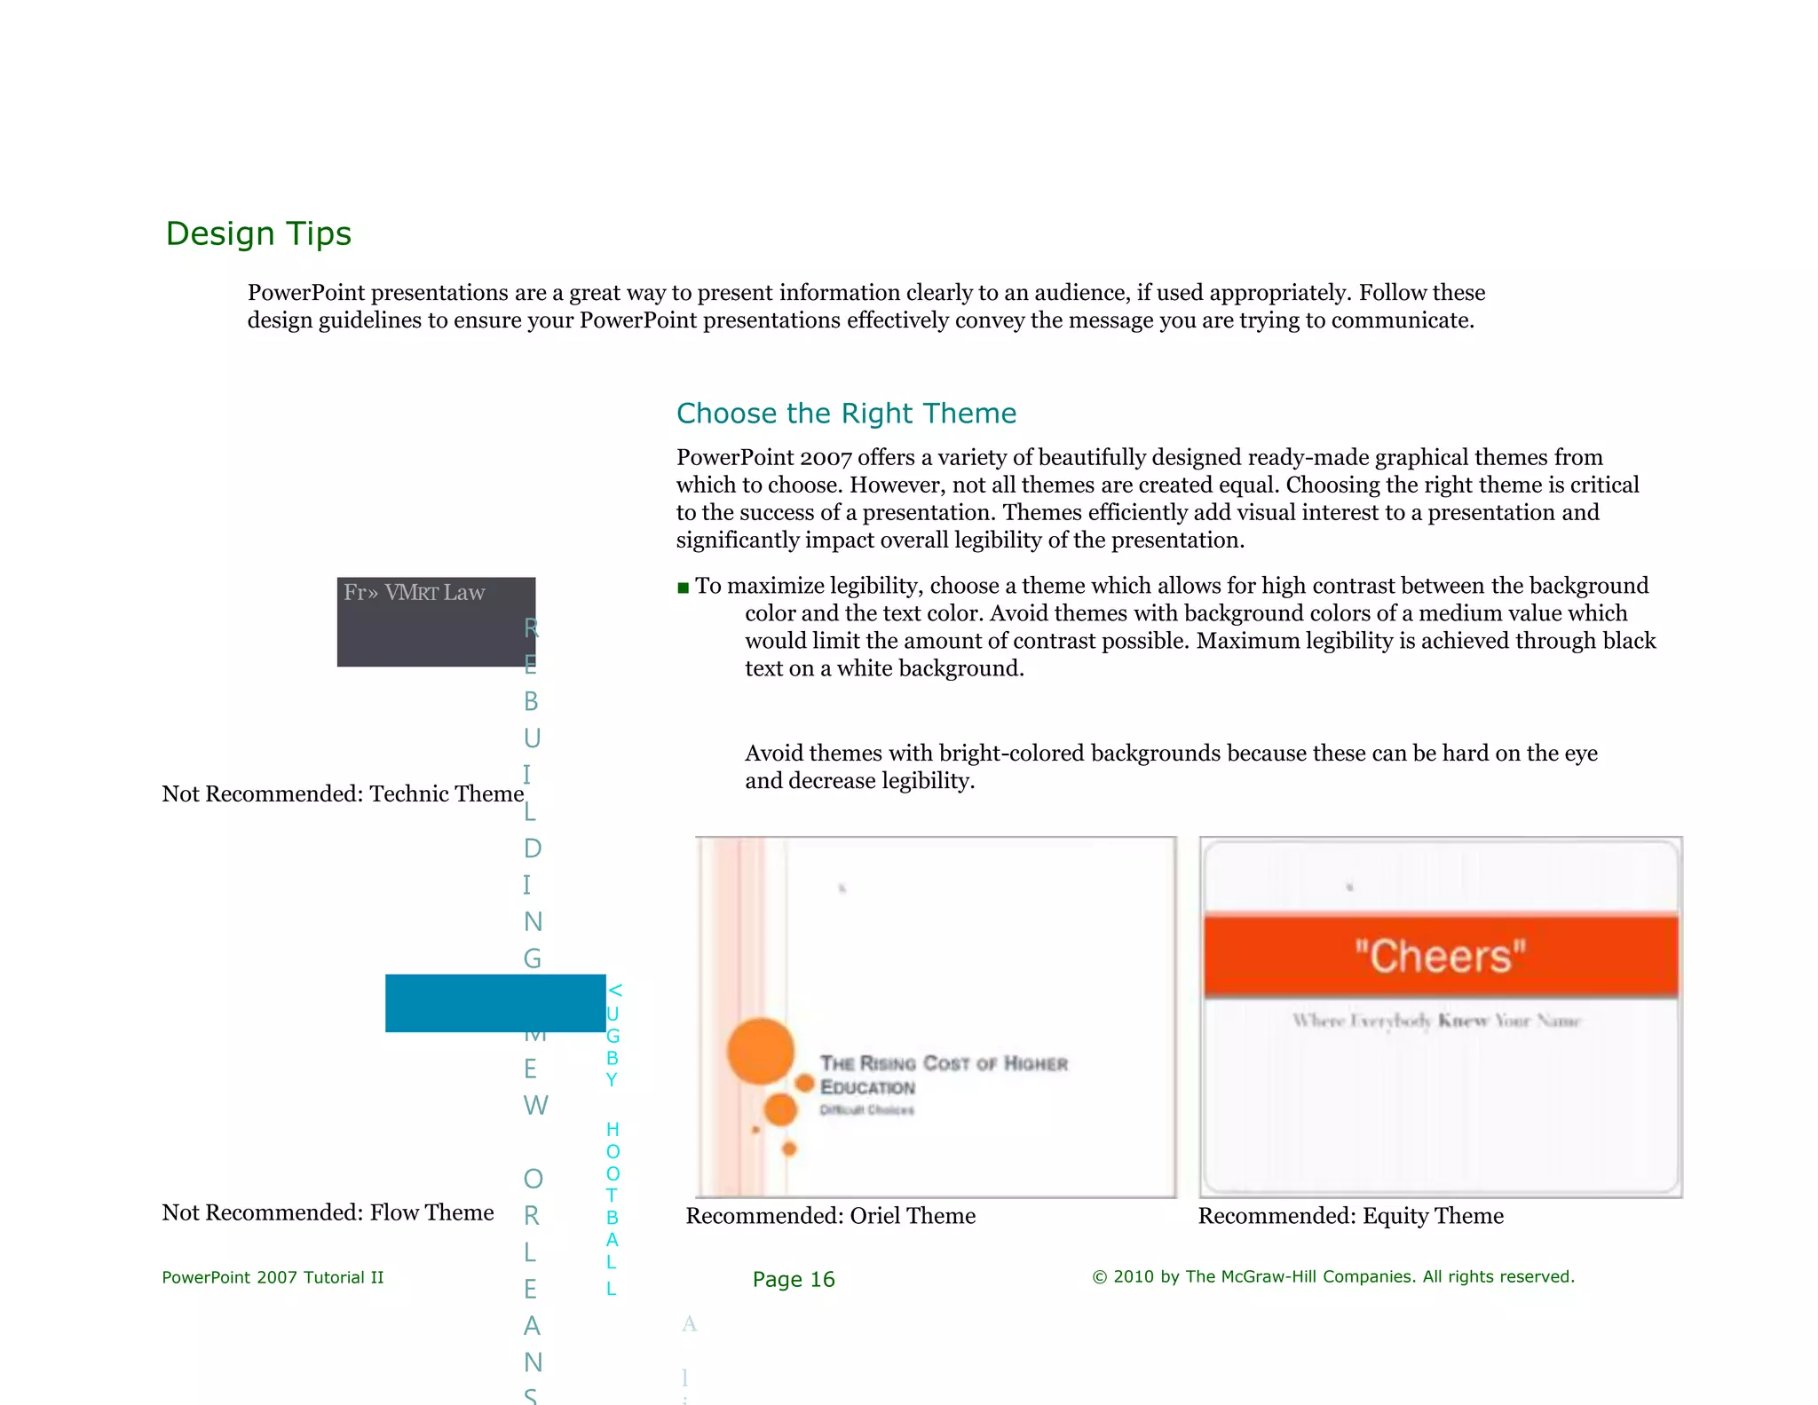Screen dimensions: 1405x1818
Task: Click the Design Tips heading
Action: coord(258,233)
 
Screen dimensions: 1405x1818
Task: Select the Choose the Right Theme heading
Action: coord(845,414)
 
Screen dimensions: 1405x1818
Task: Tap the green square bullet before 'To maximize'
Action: coord(683,588)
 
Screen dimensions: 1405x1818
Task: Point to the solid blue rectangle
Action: coord(494,1003)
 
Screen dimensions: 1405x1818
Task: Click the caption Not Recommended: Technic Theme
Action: coord(343,793)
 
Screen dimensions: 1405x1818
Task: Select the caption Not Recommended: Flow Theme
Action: coord(328,1212)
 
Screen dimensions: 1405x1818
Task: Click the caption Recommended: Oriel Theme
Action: coord(830,1216)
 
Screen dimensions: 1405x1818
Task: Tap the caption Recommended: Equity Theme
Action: coord(1350,1216)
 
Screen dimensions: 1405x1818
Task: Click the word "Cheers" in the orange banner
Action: coord(1440,957)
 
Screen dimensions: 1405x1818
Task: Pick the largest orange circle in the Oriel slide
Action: coord(760,1051)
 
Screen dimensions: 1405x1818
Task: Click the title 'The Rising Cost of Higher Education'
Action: coord(943,1074)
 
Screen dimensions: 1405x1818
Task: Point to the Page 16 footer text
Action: coord(793,1279)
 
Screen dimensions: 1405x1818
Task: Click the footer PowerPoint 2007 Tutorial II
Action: coord(273,1277)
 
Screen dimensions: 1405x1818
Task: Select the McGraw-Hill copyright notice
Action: coord(1332,1276)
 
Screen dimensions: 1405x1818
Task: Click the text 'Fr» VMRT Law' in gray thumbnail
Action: coord(414,593)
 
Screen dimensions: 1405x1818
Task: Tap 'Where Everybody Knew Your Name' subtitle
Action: coord(1435,1021)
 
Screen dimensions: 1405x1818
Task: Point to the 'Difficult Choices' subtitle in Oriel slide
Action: coord(866,1110)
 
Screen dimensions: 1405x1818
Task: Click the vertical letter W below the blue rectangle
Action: coord(535,1106)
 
